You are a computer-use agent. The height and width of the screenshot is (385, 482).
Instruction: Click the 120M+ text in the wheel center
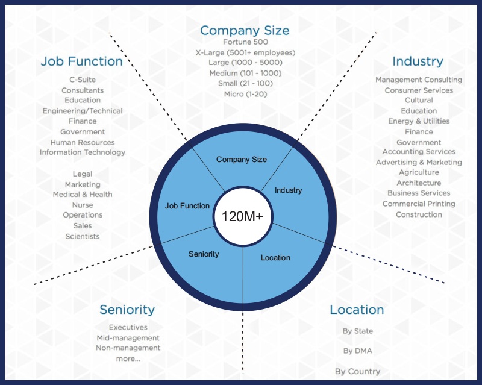point(243,216)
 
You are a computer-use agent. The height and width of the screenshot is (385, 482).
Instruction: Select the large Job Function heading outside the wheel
point(81,61)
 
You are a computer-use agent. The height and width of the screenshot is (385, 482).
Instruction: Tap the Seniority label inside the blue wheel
point(204,254)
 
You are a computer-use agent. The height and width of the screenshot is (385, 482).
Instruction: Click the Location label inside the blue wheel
point(275,257)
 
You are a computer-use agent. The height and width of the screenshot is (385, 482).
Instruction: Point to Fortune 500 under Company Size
point(245,42)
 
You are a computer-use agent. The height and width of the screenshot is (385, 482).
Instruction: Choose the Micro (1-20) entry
point(245,93)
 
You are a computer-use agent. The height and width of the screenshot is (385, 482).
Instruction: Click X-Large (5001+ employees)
point(245,52)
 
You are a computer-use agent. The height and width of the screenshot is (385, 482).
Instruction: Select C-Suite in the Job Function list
point(83,80)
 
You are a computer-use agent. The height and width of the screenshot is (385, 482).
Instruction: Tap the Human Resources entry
point(83,142)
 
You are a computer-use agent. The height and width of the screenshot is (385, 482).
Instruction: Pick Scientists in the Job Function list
point(83,236)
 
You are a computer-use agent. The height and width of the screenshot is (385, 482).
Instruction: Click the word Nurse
point(83,205)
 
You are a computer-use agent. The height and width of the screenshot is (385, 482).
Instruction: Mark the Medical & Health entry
point(83,194)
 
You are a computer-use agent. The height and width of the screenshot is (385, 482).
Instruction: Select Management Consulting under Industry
point(419,80)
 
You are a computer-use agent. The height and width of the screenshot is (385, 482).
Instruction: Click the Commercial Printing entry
point(419,204)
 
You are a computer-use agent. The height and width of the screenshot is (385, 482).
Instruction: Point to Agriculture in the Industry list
point(419,172)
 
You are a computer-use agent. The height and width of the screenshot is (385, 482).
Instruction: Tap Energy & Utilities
point(419,121)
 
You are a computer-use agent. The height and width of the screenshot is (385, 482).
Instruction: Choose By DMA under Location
point(357,351)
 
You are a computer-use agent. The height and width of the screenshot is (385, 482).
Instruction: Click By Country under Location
point(357,371)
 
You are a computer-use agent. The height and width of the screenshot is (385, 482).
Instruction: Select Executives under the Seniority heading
point(128,327)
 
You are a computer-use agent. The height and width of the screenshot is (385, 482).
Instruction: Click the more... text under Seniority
point(128,358)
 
